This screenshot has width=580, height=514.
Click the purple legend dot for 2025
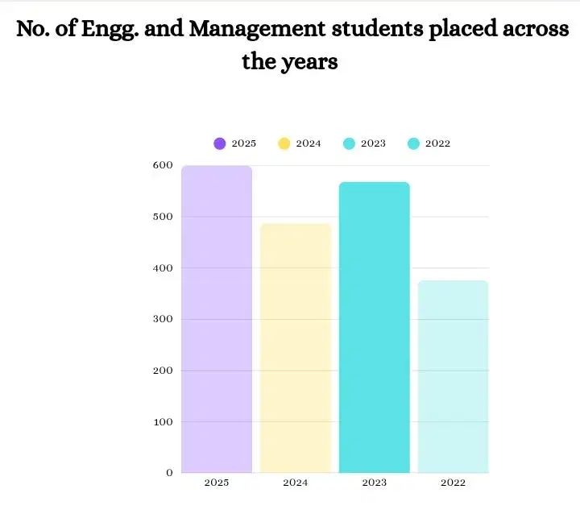pyautogui.click(x=220, y=143)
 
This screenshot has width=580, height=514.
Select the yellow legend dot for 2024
pyautogui.click(x=284, y=143)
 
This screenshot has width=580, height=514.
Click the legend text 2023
pyautogui.click(x=373, y=143)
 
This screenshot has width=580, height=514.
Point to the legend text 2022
pyautogui.click(x=437, y=143)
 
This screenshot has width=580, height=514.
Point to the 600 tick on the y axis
pyautogui.click(x=164, y=165)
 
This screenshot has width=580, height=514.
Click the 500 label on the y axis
pyautogui.click(x=164, y=217)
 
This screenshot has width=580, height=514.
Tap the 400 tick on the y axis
pyautogui.click(x=164, y=267)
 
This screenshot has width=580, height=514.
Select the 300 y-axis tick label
pyautogui.click(x=164, y=319)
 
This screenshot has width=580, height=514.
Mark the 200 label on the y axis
pyautogui.click(x=164, y=371)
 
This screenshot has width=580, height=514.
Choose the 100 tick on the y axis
pyautogui.click(x=164, y=421)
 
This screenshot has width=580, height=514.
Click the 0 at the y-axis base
pyautogui.click(x=169, y=473)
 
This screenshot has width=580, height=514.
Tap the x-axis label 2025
pyautogui.click(x=217, y=483)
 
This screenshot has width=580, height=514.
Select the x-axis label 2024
pyautogui.click(x=296, y=483)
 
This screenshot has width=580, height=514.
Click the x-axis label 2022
pyautogui.click(x=453, y=483)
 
